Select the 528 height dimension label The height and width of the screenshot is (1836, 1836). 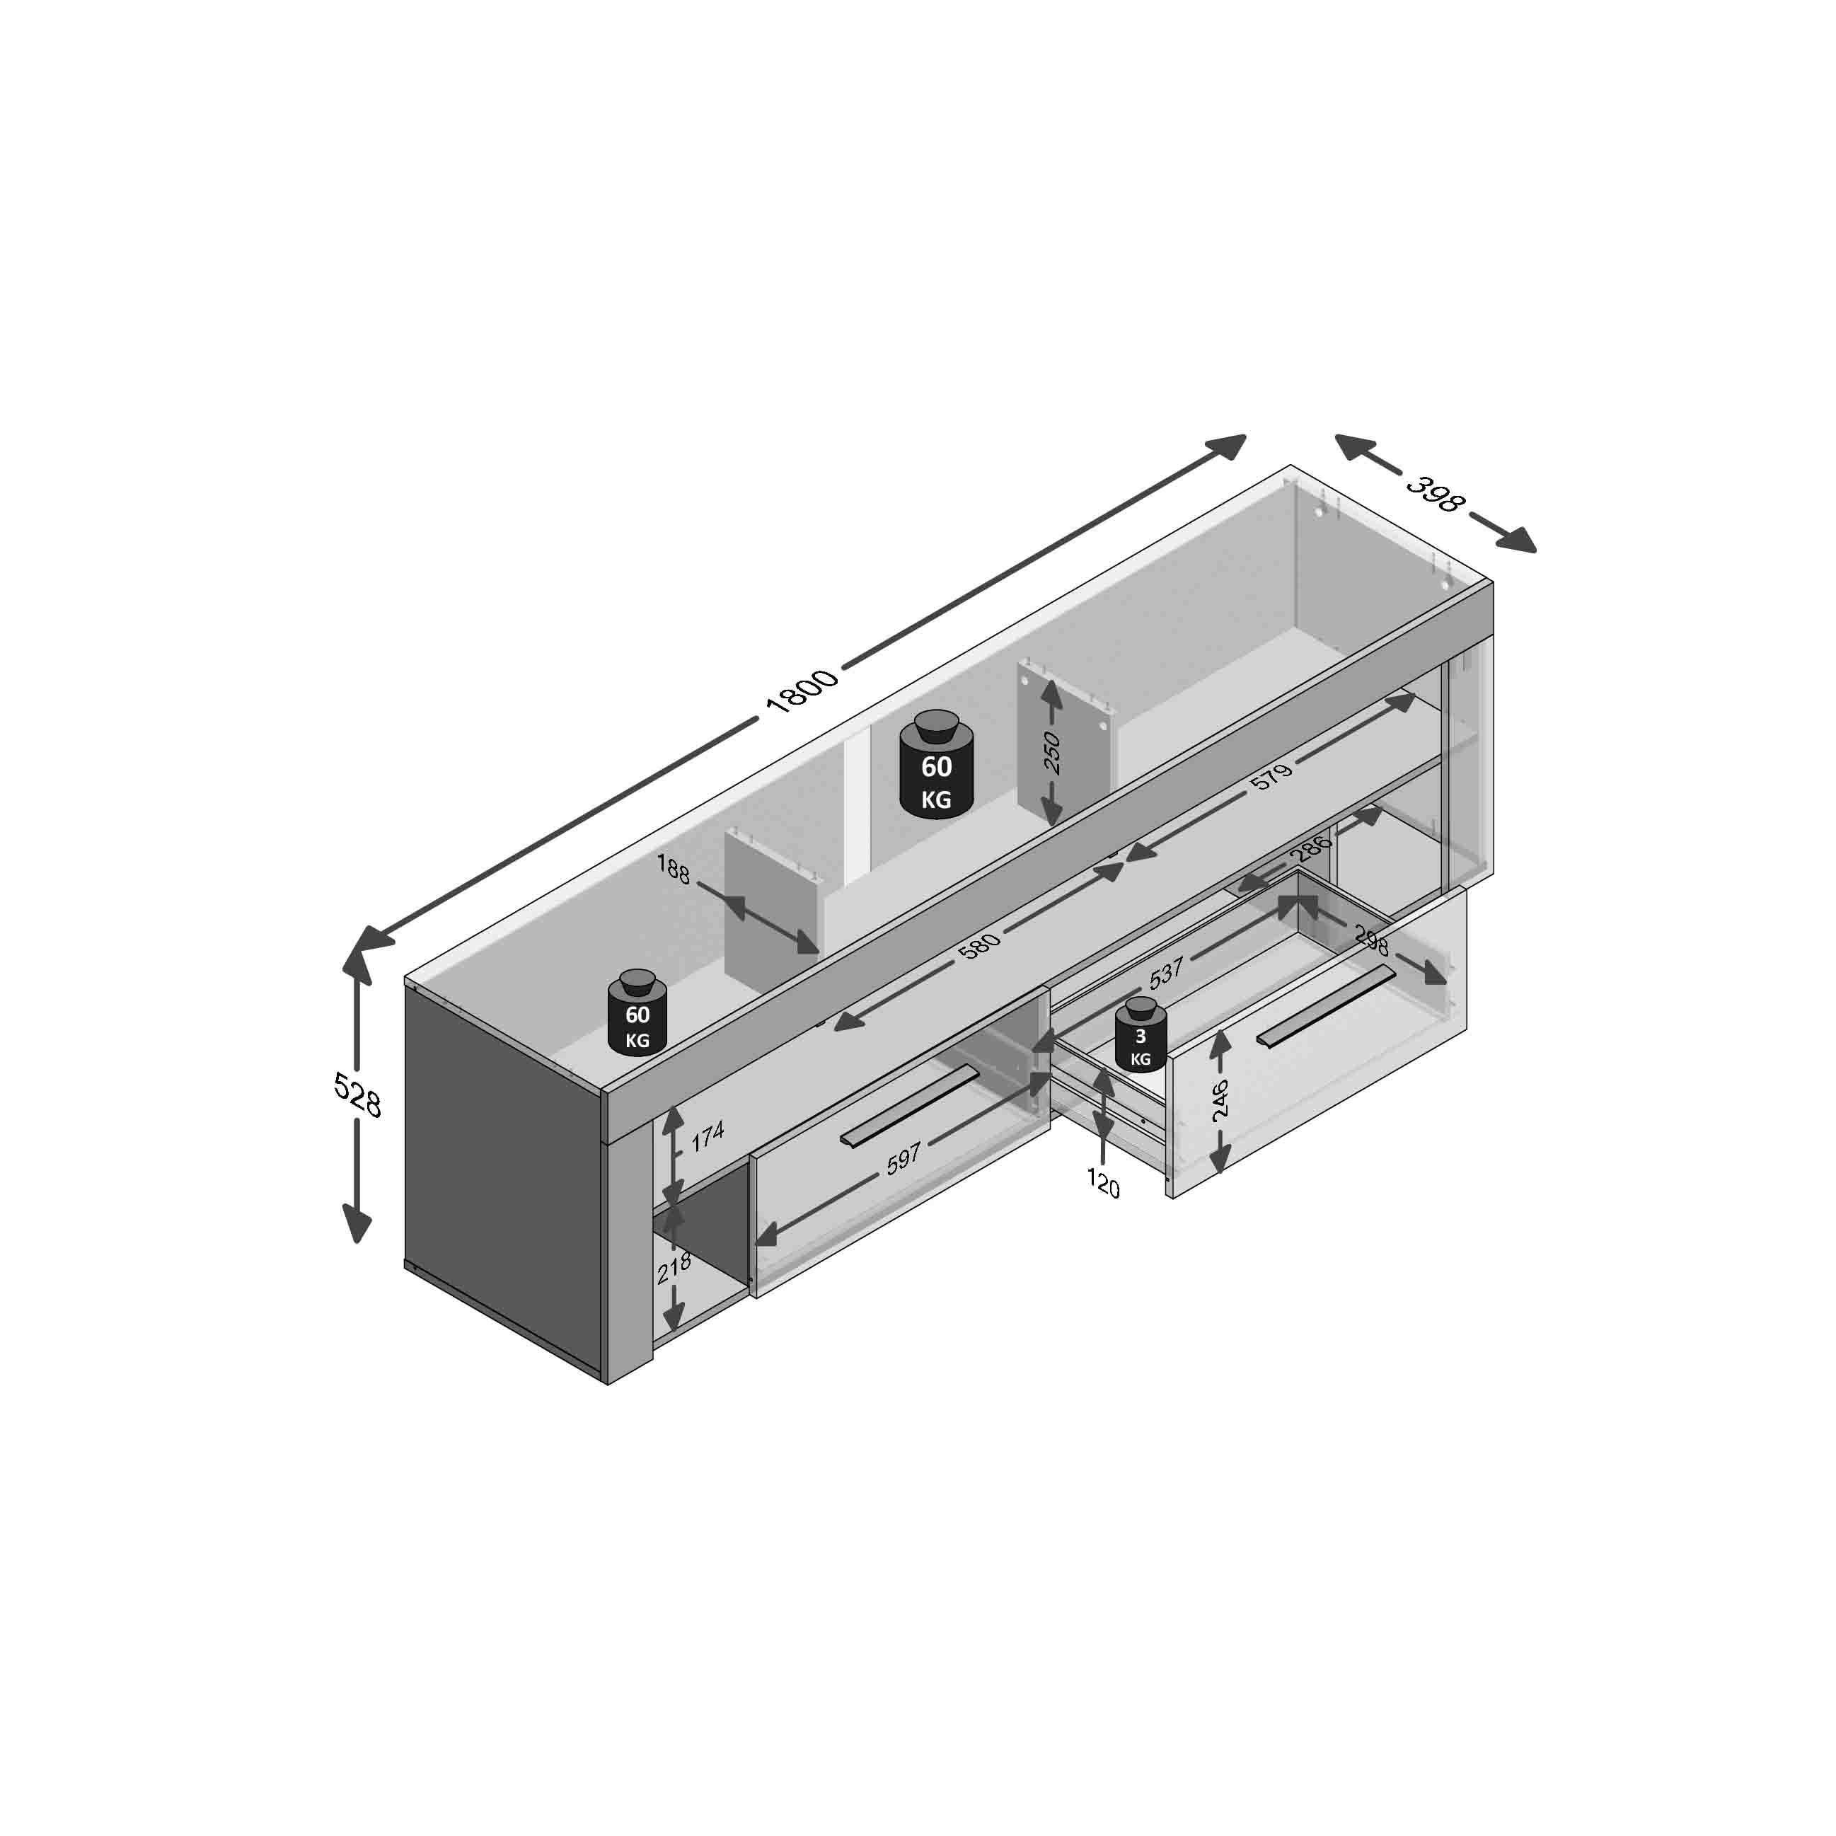click(x=357, y=1095)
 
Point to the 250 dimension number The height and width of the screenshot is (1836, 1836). click(x=1051, y=753)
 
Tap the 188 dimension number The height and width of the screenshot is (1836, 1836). click(x=673, y=869)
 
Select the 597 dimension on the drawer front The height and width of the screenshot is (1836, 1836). click(x=903, y=1158)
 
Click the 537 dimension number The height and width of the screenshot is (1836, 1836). click(x=1166, y=970)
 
